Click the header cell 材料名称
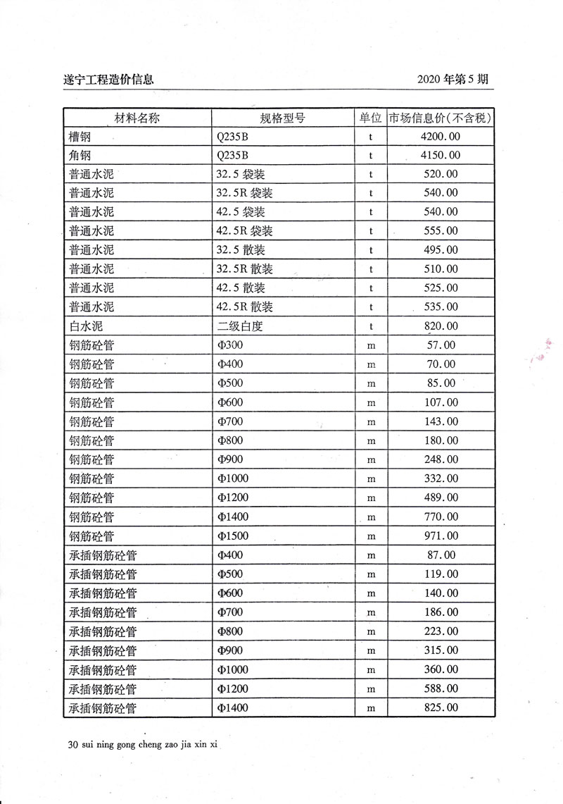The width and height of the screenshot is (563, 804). (137, 118)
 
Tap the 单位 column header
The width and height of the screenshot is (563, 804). (370, 118)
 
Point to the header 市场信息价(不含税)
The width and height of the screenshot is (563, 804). (441, 118)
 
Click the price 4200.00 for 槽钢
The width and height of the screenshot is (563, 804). (441, 137)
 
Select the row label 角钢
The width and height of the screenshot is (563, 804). (81, 156)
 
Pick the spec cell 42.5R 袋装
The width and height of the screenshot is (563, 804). (245, 231)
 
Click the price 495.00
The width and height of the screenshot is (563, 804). (441, 250)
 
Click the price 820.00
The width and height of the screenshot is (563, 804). (441, 326)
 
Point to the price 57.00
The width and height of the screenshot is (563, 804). (441, 345)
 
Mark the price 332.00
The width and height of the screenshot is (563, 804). (441, 479)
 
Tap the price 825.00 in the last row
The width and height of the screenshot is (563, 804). (441, 707)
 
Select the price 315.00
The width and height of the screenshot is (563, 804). (441, 650)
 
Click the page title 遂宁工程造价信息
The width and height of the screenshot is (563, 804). (108, 80)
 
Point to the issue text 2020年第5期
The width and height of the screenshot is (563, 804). (452, 80)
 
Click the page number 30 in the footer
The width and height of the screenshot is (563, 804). (69, 743)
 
